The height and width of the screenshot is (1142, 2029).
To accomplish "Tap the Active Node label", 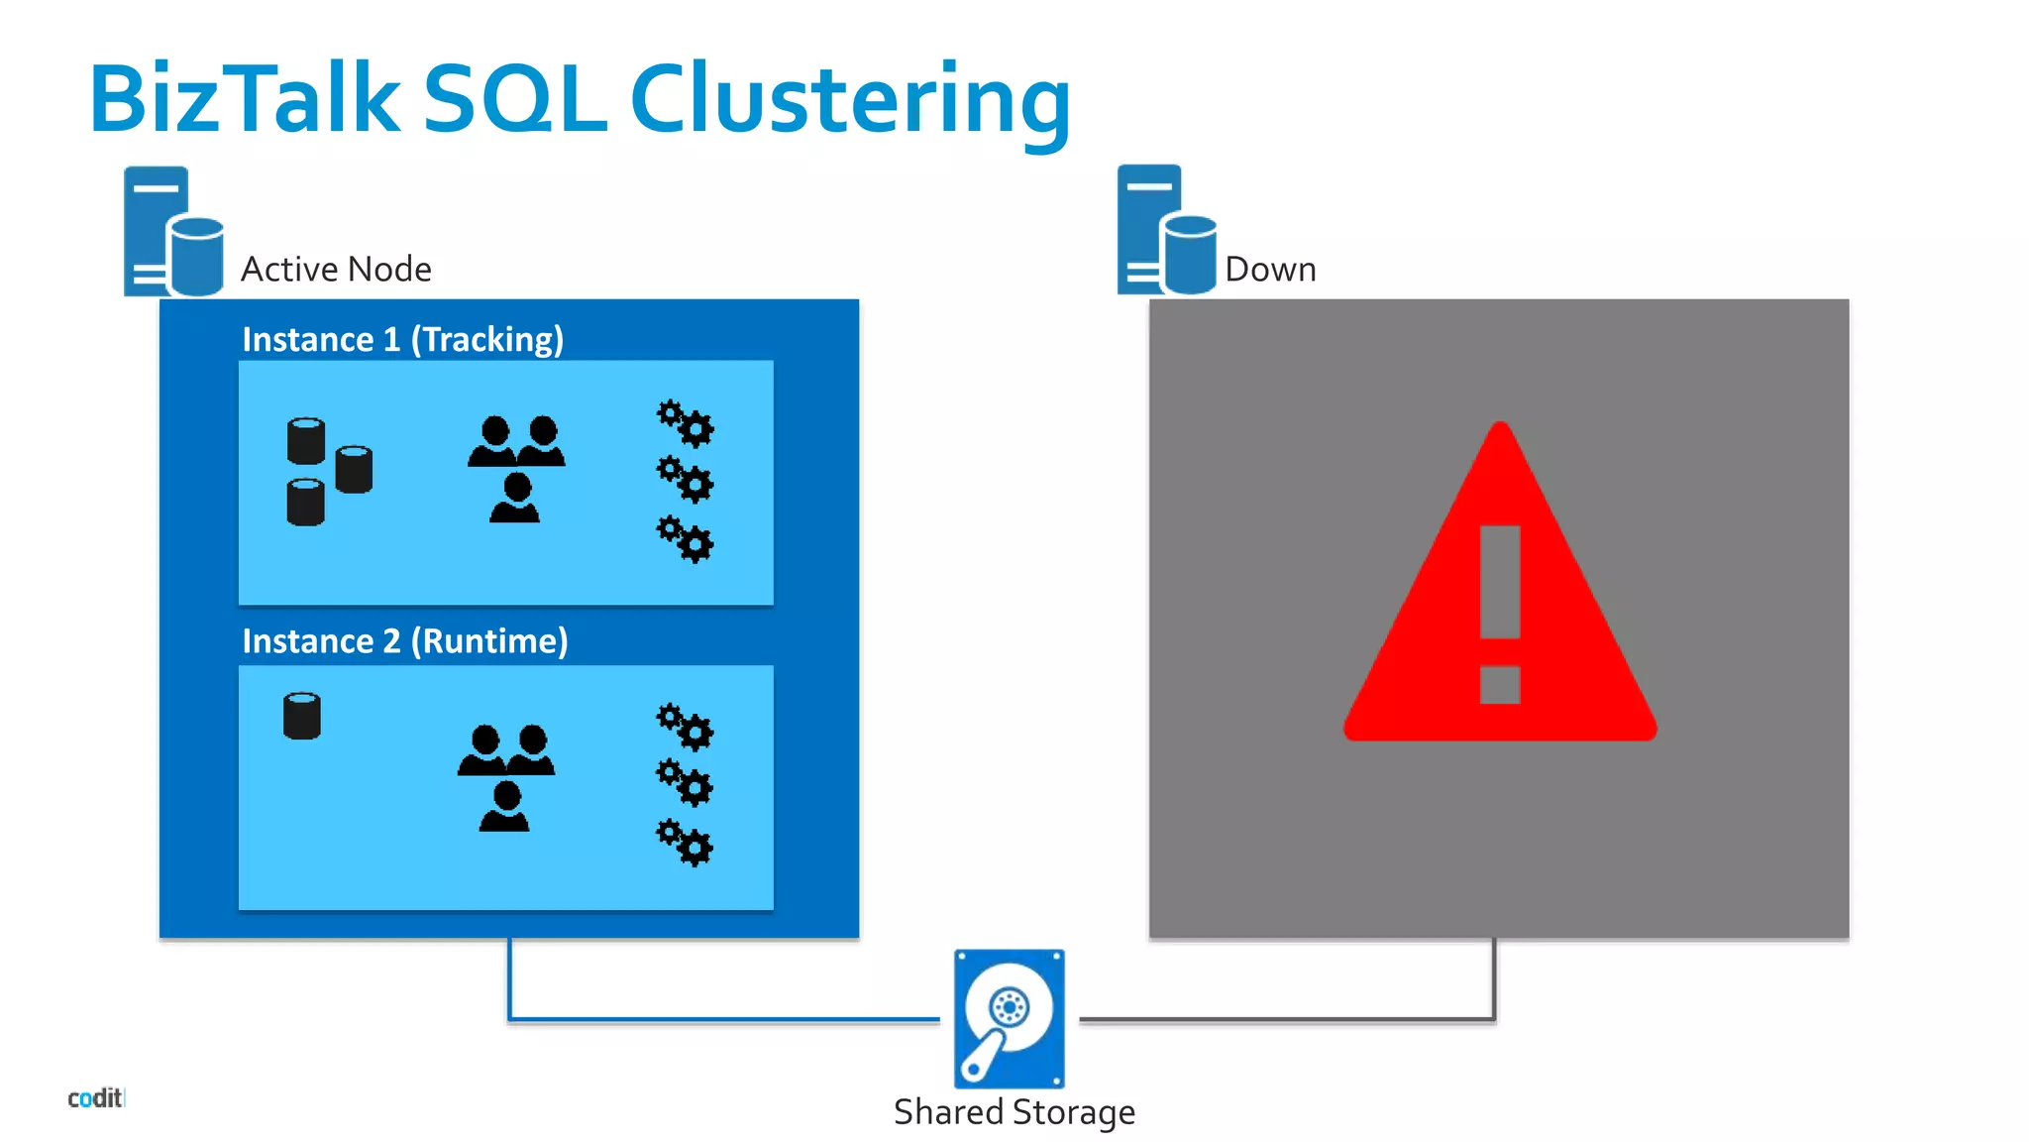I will coord(336,270).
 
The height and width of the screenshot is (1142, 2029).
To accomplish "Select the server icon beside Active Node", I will coord(172,232).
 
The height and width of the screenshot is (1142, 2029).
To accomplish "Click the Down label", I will coord(1270,270).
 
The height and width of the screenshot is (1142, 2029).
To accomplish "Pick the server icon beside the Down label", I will coord(1166,231).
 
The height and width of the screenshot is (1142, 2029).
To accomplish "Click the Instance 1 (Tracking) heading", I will coord(402,340).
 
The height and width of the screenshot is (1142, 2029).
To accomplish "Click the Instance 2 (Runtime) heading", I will coord(404,641).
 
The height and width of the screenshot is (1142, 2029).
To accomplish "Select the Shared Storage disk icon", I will coord(1009,1018).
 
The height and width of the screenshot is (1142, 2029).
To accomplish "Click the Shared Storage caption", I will coord(1014,1112).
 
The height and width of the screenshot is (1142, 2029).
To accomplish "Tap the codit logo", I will coord(95,1097).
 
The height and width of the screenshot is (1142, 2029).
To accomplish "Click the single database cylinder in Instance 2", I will coord(302,716).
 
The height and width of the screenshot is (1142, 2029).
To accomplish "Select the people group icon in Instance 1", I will coord(516,469).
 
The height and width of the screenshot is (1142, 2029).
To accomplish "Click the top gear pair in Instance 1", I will coord(685,423).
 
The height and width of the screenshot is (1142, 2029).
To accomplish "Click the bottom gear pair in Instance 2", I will coord(685,843).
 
